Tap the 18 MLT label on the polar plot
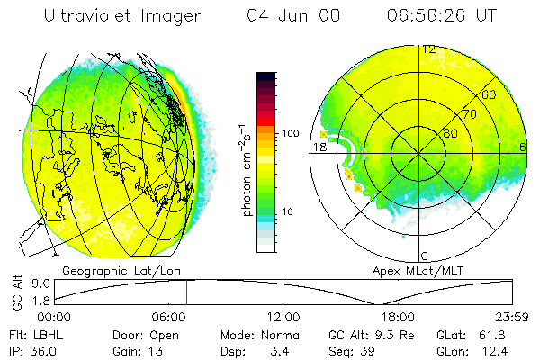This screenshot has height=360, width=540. (x=319, y=148)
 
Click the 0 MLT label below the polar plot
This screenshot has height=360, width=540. (x=425, y=256)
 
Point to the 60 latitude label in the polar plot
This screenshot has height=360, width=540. (x=490, y=94)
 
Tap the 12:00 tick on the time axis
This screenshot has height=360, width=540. (x=283, y=317)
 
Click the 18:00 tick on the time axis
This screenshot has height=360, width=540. (x=398, y=317)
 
